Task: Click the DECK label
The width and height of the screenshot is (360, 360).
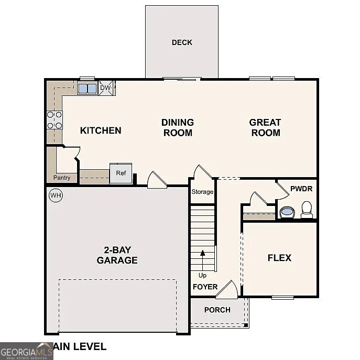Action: click(182, 42)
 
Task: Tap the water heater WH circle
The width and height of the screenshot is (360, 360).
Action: click(55, 195)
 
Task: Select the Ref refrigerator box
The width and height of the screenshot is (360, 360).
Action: click(121, 173)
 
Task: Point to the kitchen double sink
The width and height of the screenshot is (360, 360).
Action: click(87, 88)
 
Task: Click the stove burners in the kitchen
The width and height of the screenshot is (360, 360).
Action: click(54, 120)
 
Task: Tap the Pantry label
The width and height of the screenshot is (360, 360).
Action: click(62, 178)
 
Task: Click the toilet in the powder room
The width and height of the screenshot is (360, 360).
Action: click(307, 209)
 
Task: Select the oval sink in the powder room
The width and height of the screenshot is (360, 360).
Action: click(287, 212)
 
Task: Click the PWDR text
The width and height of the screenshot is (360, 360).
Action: click(301, 188)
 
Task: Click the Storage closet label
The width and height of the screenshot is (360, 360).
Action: click(202, 192)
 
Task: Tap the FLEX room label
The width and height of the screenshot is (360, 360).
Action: click(279, 258)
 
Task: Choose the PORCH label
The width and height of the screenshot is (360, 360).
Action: click(217, 310)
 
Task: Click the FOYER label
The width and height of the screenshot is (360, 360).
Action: click(205, 287)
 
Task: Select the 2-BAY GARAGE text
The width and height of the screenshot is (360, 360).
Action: click(117, 255)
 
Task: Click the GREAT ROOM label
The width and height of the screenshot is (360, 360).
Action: click(265, 127)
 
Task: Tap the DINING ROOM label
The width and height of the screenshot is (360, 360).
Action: click(178, 127)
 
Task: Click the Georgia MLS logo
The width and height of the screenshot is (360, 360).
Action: click(26, 351)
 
